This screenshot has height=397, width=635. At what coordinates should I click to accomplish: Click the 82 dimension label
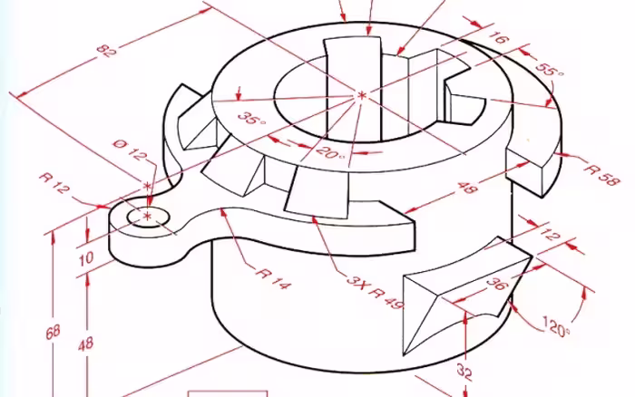click(x=107, y=51)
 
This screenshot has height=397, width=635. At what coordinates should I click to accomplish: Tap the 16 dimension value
click(x=499, y=37)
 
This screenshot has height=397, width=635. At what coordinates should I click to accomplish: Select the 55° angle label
click(x=549, y=70)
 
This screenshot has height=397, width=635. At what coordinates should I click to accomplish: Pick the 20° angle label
click(x=330, y=152)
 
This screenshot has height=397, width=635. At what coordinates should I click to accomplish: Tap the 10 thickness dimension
click(x=86, y=258)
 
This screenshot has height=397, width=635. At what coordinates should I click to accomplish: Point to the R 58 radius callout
click(x=601, y=174)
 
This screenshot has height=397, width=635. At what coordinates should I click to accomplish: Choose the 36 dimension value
click(x=496, y=283)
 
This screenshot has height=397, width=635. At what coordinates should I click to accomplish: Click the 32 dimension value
click(x=464, y=372)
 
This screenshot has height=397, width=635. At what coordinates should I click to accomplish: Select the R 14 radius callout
click(x=273, y=279)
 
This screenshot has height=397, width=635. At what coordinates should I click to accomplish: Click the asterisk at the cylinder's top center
click(x=362, y=95)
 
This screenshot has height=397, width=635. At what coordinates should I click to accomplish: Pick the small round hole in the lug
click(x=148, y=217)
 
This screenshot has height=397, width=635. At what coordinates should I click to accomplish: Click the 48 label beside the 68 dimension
click(x=86, y=345)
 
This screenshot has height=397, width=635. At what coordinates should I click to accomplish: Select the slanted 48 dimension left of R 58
click(x=468, y=188)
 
